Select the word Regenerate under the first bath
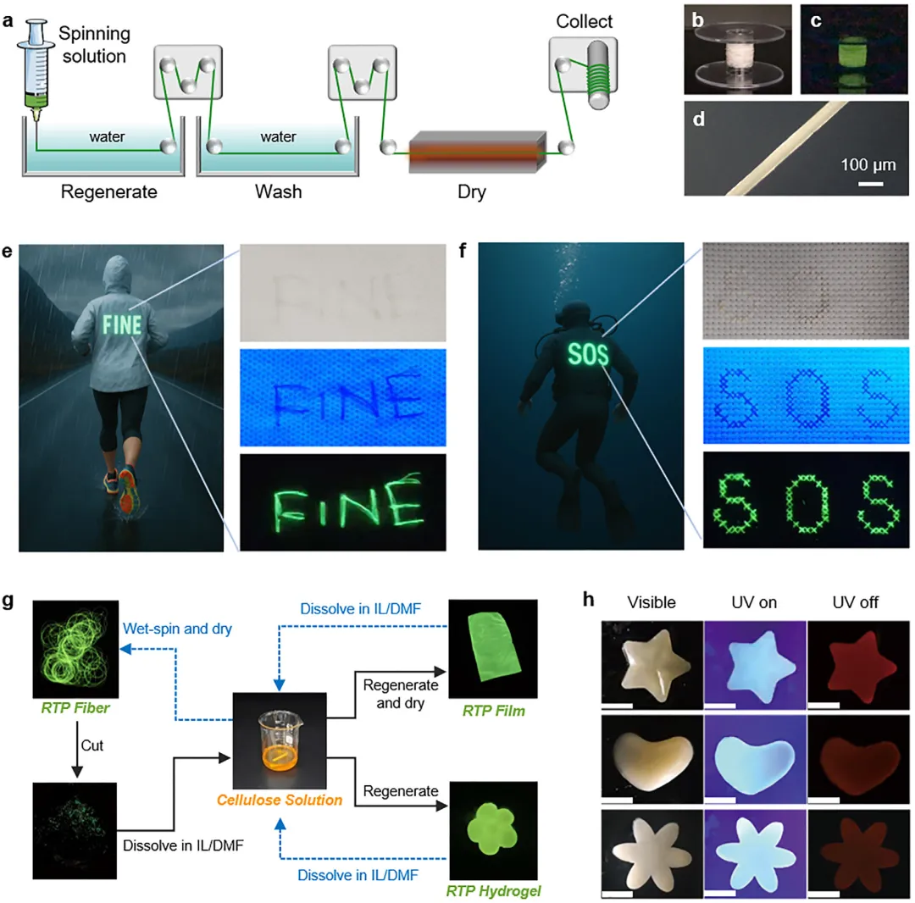click(109, 191)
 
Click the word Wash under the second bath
click(279, 191)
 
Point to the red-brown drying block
click(474, 153)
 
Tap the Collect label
click(584, 21)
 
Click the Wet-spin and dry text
click(177, 629)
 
